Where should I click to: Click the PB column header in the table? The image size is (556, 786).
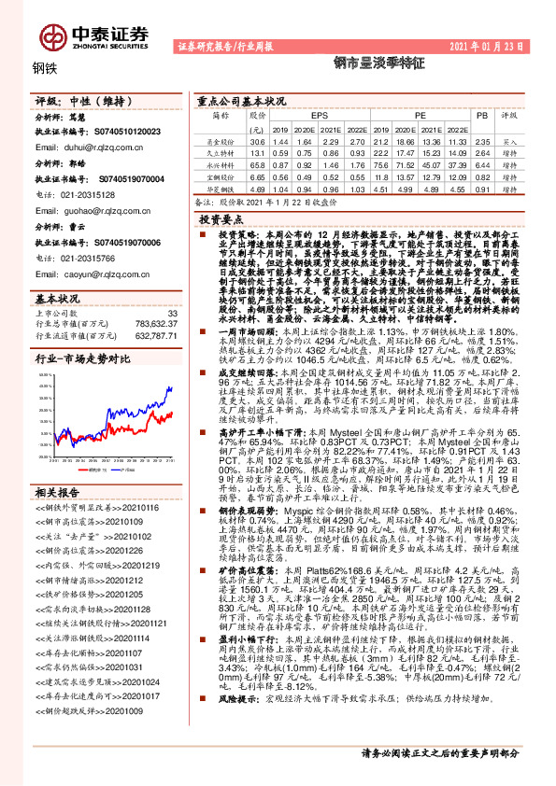pyautogui.click(x=482, y=114)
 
